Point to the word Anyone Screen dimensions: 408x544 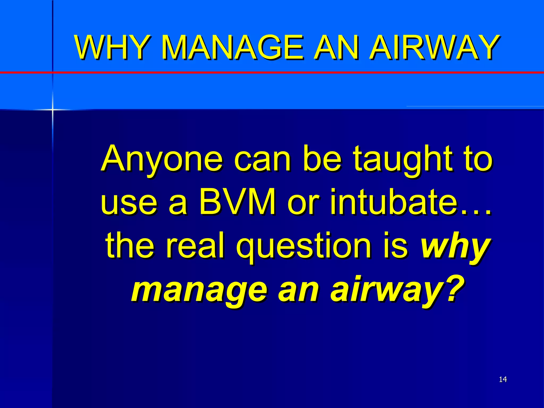[161, 159]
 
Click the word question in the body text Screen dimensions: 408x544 [303, 246]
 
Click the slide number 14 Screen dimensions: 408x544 [503, 379]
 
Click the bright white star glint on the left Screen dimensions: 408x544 [52, 109]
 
